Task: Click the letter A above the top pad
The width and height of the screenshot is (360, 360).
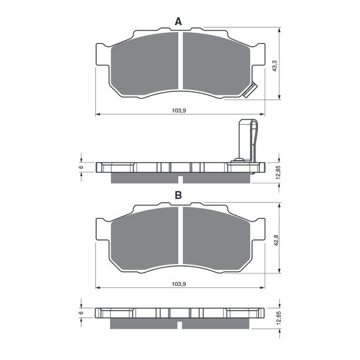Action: (178, 22)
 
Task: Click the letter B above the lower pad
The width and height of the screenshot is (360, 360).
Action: (178, 195)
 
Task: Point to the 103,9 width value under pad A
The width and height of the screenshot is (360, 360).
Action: (178, 111)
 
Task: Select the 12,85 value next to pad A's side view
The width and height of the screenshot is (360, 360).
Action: (275, 171)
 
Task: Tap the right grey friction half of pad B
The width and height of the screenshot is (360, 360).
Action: (217, 240)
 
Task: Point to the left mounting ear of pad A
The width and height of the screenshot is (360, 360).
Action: (103, 57)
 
